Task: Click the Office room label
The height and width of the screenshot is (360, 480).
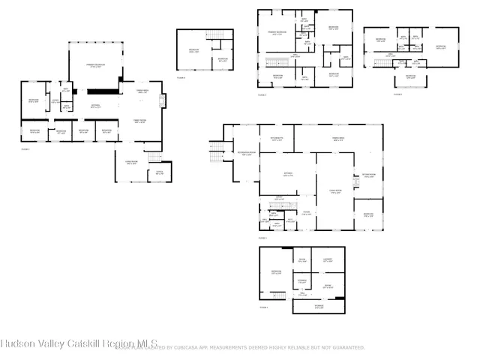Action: (158, 172)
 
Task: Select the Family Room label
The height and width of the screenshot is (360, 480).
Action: (139, 121)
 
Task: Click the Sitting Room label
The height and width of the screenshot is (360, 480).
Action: (367, 175)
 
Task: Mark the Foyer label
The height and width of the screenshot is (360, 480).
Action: (306, 212)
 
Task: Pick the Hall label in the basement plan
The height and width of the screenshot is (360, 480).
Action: (302, 294)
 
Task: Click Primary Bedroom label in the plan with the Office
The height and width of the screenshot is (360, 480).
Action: (93, 66)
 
